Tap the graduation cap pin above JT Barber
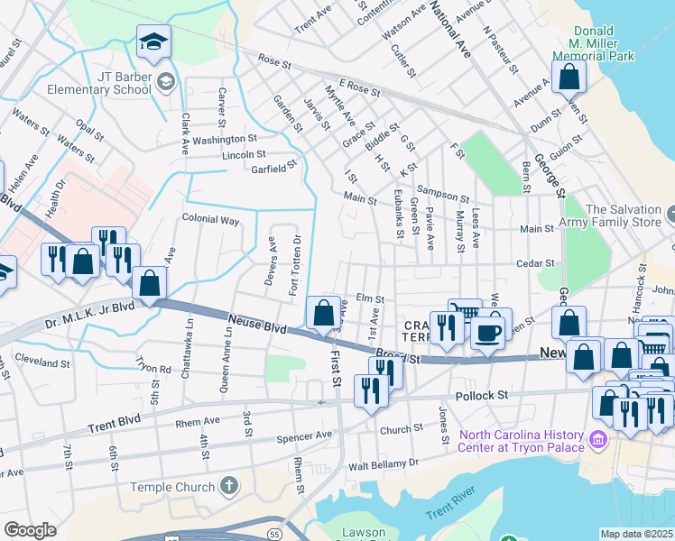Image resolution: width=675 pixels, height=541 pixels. click(153, 41)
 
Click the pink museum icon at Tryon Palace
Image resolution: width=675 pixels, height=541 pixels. click(596, 440)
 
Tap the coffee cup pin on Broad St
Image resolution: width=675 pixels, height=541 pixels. click(487, 332)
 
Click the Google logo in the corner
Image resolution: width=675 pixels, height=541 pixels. click(30, 529)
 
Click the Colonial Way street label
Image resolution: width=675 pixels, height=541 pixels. click(210, 219)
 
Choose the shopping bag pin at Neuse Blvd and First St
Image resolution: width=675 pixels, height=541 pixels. click(323, 314)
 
